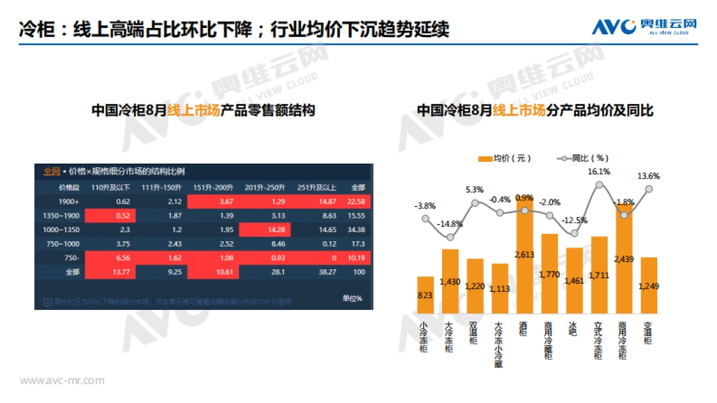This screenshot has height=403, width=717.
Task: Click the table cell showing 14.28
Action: click(x=274, y=230)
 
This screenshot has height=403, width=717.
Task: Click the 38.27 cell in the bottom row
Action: click(x=326, y=272)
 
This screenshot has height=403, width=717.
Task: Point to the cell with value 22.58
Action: click(x=357, y=201)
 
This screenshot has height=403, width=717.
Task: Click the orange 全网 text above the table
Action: click(x=51, y=172)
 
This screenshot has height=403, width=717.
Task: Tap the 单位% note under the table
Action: click(x=352, y=298)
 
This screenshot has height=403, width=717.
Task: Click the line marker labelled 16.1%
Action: click(x=599, y=184)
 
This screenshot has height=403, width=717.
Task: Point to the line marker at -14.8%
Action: click(x=451, y=237)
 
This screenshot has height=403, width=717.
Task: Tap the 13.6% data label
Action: click(x=648, y=176)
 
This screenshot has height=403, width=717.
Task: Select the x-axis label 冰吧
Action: click(x=574, y=329)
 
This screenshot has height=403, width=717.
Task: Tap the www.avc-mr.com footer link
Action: click(x=62, y=380)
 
